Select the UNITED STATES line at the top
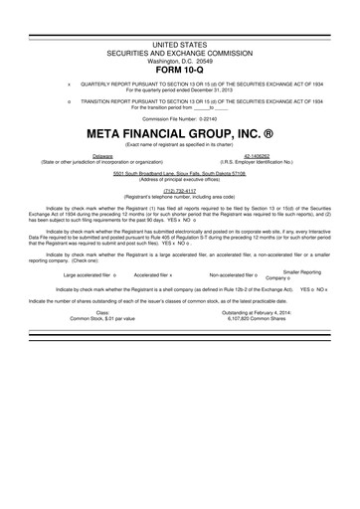(179, 46)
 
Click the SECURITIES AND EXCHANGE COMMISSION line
(179, 54)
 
